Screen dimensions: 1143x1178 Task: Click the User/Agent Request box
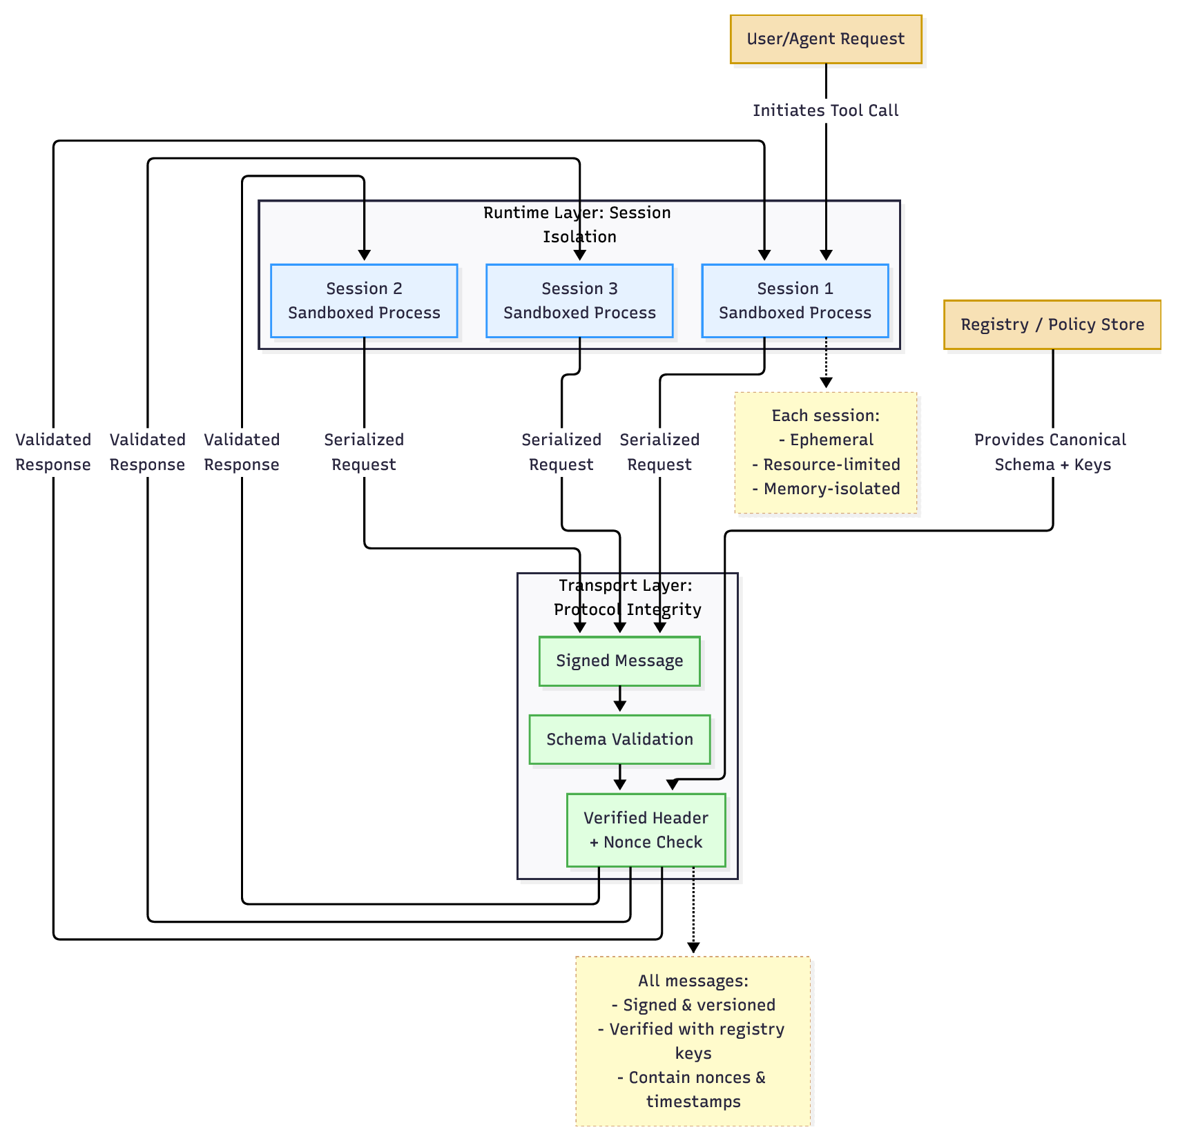coord(825,39)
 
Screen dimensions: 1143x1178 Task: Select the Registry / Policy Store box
coord(1052,324)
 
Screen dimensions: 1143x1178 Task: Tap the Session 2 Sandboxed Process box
coord(364,301)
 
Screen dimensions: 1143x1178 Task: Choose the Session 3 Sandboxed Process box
coord(579,301)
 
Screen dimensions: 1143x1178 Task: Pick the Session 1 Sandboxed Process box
coord(795,301)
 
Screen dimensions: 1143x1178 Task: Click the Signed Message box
coord(619,661)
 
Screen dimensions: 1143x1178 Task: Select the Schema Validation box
coord(619,740)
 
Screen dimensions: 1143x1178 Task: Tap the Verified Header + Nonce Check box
coord(646,830)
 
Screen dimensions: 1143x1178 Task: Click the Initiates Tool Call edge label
coord(825,110)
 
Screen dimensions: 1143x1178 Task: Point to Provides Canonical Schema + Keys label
coord(1050,452)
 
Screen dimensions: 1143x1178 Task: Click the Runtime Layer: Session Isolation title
coord(578,224)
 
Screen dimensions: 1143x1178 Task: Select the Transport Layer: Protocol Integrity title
coord(626,598)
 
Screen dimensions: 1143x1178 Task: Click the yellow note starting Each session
coord(826,453)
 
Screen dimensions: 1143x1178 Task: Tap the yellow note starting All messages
coord(693,1041)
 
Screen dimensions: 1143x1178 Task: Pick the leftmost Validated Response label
coord(53,452)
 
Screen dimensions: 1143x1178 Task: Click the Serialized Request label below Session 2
coord(364,452)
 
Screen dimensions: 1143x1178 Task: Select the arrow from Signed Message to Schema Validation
coord(619,700)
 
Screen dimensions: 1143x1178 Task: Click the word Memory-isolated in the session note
coord(831,489)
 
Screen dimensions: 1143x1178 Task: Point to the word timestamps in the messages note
coord(693,1102)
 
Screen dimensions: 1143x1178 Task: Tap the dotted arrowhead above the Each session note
coord(826,383)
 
